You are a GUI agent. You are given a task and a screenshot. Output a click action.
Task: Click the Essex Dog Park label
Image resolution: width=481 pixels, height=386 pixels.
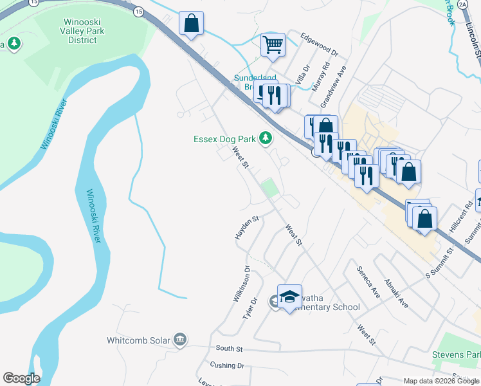pos(224,139)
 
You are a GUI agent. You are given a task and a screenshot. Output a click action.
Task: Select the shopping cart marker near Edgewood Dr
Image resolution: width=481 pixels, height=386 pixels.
pos(273,46)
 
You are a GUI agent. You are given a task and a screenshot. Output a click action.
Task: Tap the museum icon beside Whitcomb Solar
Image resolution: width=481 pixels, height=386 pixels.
pos(180,339)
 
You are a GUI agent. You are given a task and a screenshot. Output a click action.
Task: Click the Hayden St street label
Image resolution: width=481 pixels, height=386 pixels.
pos(246,228)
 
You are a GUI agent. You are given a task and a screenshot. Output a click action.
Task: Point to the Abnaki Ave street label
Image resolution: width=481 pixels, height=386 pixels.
pos(395,292)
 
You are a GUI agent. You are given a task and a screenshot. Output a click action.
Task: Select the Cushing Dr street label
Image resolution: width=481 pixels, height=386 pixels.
pos(226,365)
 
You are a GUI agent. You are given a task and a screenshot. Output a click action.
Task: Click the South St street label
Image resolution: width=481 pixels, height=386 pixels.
pos(229,348)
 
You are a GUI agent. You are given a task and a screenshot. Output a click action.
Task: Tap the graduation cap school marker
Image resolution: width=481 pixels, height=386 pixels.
pos(290,296)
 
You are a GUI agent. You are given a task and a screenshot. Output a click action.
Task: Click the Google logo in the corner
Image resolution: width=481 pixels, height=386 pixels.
pos(21,378)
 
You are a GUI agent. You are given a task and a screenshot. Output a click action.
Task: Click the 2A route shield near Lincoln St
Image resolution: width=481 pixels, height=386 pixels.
pos(464,5)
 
